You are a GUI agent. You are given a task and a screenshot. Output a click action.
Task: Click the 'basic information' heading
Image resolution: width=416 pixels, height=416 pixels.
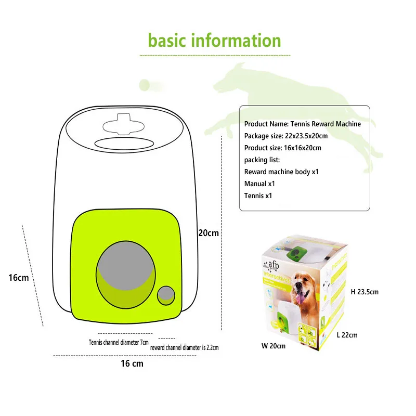pyautogui.click(x=214, y=40)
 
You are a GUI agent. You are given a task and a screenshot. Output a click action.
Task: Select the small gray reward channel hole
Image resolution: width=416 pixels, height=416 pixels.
pyautogui.click(x=166, y=295)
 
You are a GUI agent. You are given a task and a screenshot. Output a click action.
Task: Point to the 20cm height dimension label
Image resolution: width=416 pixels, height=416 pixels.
pyautogui.click(x=209, y=233)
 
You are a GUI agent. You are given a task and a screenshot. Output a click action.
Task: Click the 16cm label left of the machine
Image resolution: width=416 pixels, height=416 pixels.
pyautogui.click(x=19, y=278)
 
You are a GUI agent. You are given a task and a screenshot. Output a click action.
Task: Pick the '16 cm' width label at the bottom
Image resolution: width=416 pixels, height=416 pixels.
pyautogui.click(x=132, y=363)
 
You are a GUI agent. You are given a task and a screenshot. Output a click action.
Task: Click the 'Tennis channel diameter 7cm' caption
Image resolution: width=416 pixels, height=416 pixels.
pyautogui.click(x=119, y=342)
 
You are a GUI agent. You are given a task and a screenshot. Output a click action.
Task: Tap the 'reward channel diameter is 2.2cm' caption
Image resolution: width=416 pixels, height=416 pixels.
pyautogui.click(x=184, y=347)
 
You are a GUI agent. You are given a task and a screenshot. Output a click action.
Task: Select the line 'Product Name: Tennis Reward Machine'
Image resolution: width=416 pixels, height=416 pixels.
pyautogui.click(x=302, y=124)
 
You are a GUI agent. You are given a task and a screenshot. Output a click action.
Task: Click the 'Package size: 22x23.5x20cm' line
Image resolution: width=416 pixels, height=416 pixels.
pyautogui.click(x=286, y=136)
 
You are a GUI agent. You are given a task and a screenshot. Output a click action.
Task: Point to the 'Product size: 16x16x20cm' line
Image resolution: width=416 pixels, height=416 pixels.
pyautogui.click(x=282, y=148)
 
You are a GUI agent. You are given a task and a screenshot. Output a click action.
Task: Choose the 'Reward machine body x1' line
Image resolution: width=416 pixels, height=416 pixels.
pyautogui.click(x=281, y=172)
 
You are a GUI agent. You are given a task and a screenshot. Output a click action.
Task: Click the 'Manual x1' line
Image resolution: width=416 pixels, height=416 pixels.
pyautogui.click(x=259, y=184)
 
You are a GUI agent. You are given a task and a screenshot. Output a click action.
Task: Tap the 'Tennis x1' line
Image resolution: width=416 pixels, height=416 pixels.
pyautogui.click(x=258, y=196)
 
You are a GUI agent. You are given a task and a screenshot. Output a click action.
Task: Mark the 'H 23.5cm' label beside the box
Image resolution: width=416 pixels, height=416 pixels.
pyautogui.click(x=365, y=292)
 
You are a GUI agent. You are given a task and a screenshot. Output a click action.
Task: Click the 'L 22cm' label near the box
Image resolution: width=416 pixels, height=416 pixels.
pyautogui.click(x=347, y=335)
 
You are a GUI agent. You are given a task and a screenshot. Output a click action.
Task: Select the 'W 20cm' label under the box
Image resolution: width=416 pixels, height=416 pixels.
pyautogui.click(x=273, y=346)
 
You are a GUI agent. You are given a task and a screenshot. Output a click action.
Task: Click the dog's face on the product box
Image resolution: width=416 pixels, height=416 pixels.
pyautogui.click(x=301, y=287)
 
